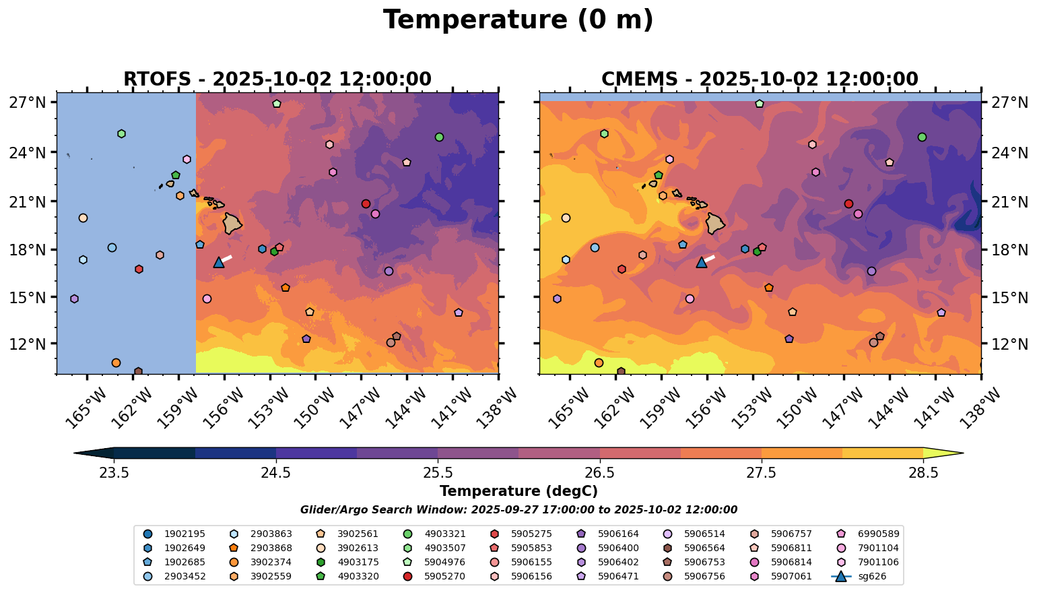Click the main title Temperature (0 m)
[518, 20]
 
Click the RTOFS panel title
[277, 80]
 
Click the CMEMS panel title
[760, 80]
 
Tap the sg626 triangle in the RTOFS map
[218, 262]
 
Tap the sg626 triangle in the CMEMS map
[701, 262]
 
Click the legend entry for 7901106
[871, 562]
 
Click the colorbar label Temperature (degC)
[518, 491]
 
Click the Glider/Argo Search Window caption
[518, 510]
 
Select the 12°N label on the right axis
[1008, 344]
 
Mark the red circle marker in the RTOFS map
[366, 203]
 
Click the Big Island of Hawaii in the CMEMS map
[714, 223]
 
